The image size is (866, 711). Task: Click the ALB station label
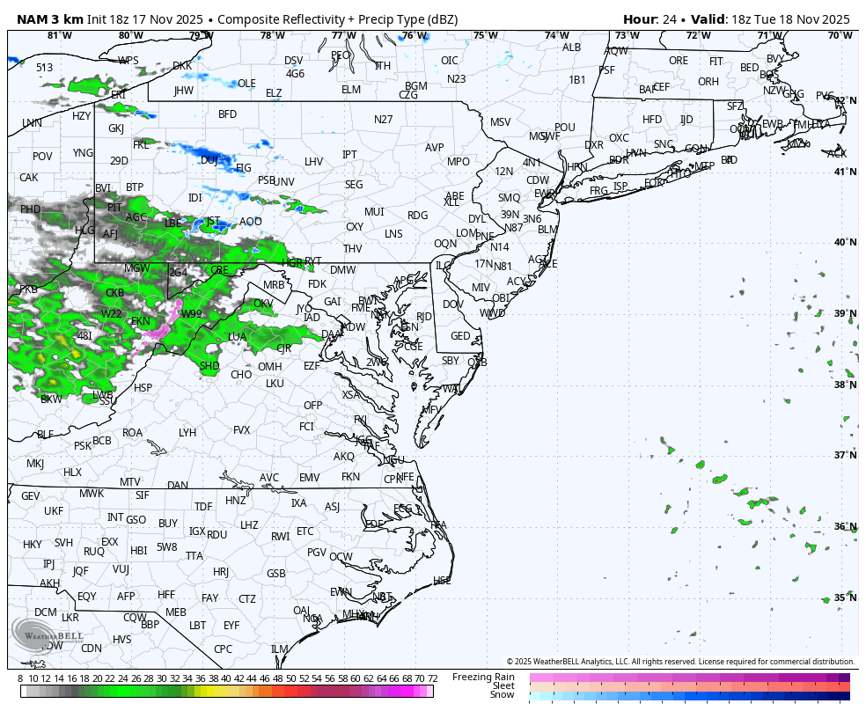pyautogui.click(x=571, y=48)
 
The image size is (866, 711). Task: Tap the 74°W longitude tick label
pyautogui.click(x=555, y=35)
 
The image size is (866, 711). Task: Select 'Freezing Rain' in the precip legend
pyautogui.click(x=483, y=677)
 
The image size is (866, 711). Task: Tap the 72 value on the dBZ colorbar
pyautogui.click(x=432, y=678)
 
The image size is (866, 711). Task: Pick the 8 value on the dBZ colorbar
pyautogui.click(x=20, y=678)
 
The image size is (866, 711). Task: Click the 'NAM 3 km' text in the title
pyautogui.click(x=49, y=19)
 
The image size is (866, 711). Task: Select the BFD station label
pyautogui.click(x=227, y=114)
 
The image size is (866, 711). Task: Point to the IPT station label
pyautogui.click(x=349, y=155)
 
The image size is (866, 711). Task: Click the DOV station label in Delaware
pyautogui.click(x=452, y=304)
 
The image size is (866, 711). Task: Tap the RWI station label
pyautogui.click(x=280, y=536)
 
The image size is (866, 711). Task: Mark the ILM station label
pyautogui.click(x=279, y=649)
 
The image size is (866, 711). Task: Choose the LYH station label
pyautogui.click(x=187, y=433)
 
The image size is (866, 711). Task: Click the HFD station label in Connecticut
pyautogui.click(x=652, y=120)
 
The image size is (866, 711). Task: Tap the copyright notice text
pyautogui.click(x=679, y=661)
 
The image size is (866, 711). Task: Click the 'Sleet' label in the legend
pyautogui.click(x=503, y=685)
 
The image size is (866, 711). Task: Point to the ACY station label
pyautogui.click(x=516, y=282)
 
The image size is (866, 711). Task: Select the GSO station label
pyautogui.click(x=136, y=520)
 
